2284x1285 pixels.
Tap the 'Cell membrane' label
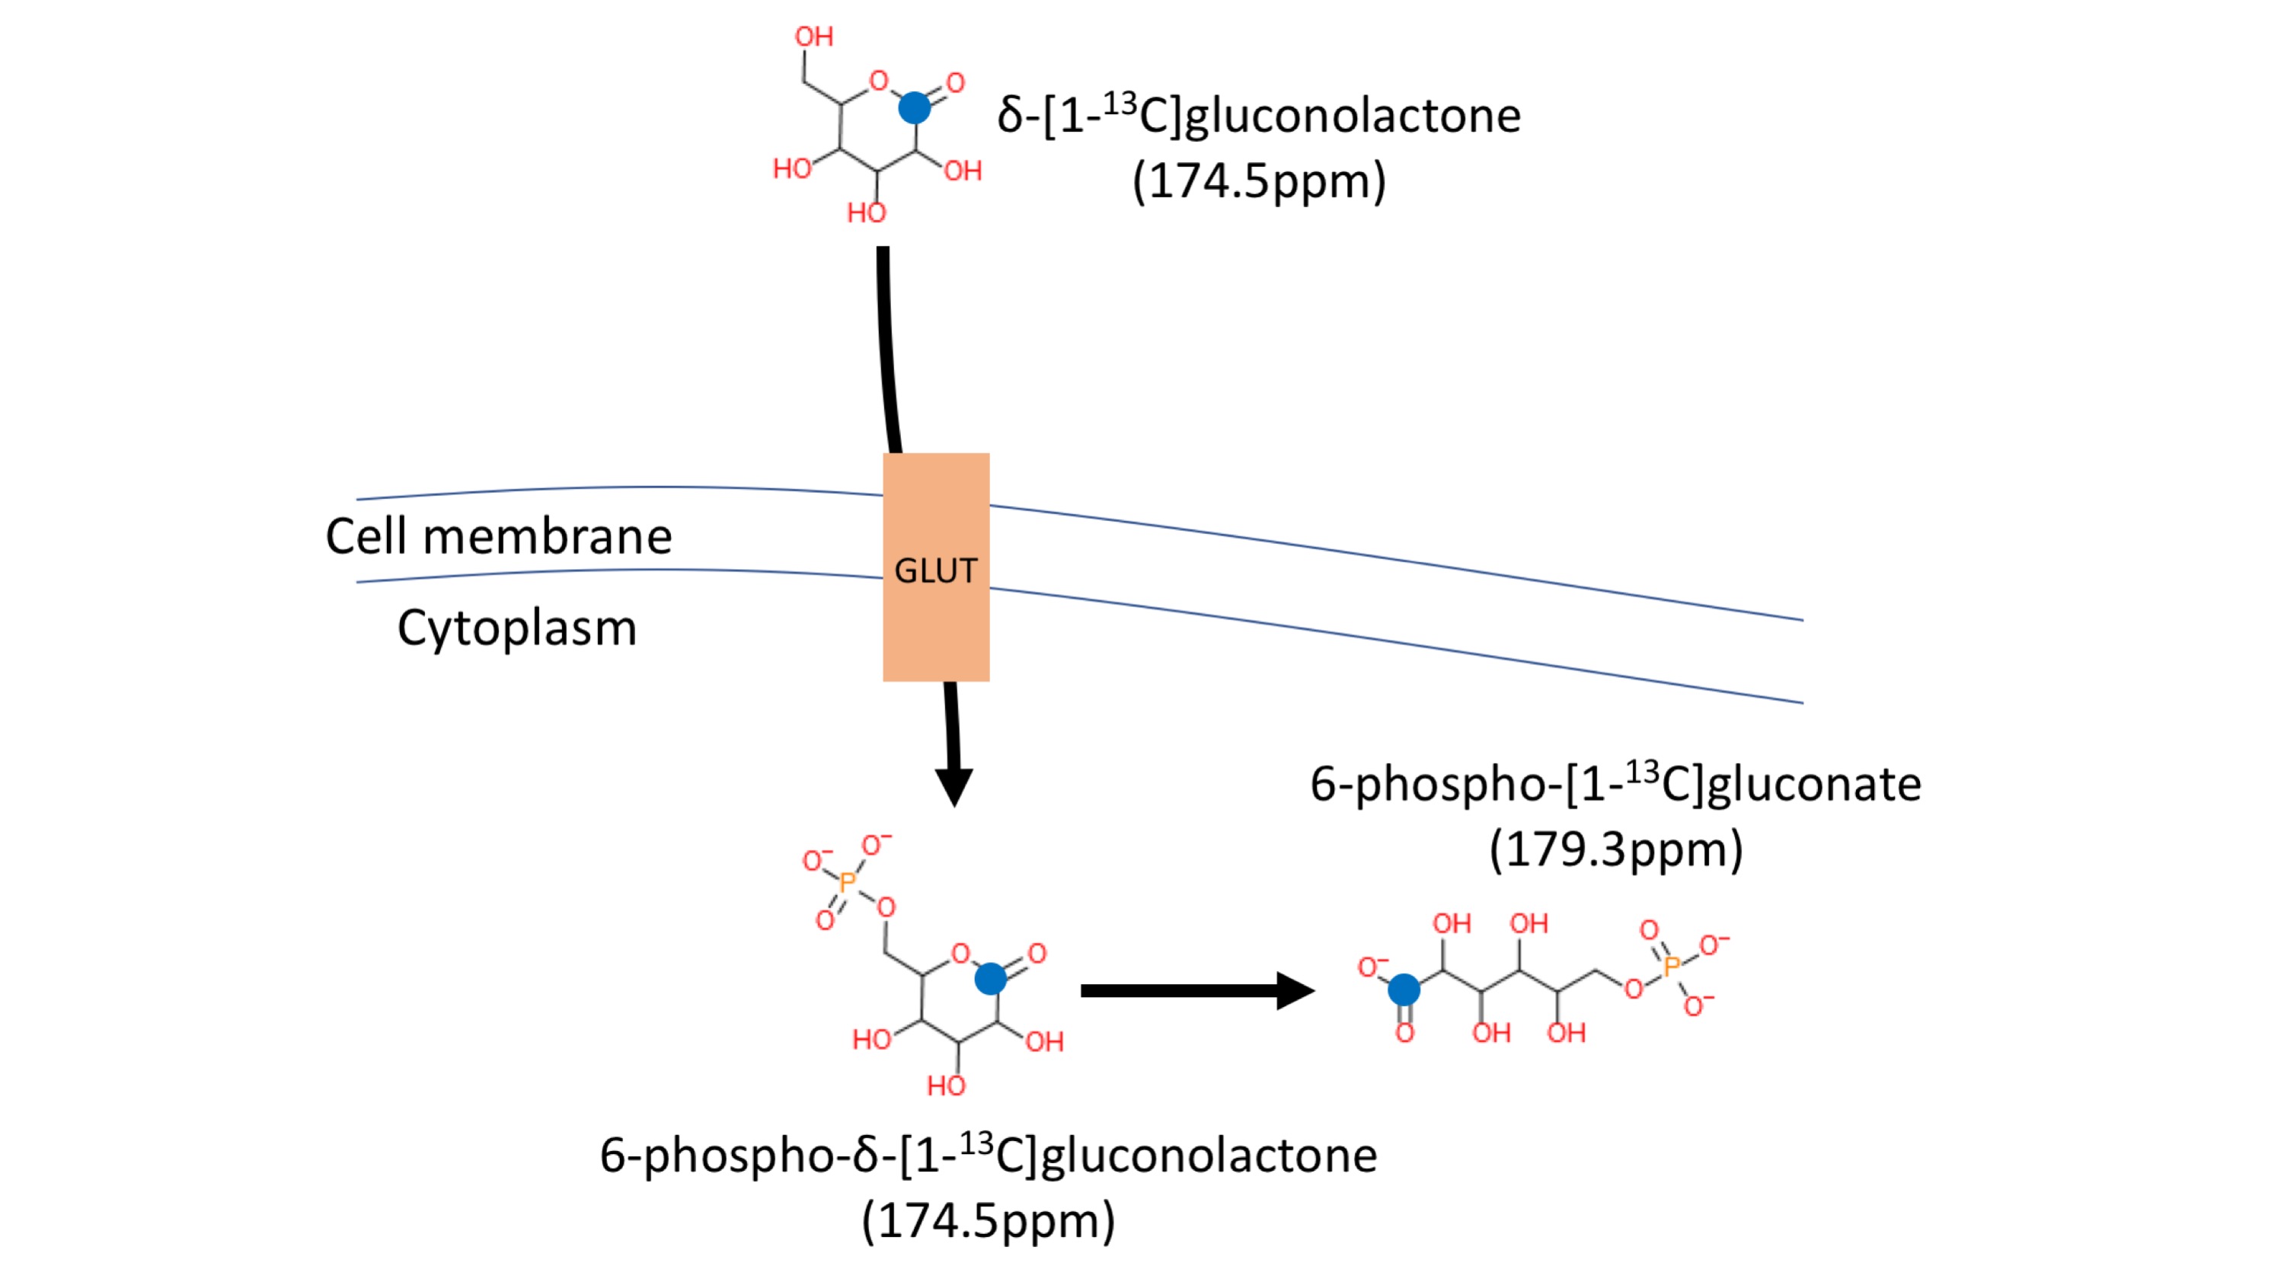(498, 536)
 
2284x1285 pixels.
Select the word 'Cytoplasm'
(517, 628)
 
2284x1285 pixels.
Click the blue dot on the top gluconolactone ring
(914, 108)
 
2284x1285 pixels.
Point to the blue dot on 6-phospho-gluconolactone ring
(990, 979)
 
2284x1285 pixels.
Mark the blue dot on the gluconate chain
(1404, 989)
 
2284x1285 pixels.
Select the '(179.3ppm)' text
(1615, 849)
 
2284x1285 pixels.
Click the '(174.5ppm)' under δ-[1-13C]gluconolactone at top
(1259, 182)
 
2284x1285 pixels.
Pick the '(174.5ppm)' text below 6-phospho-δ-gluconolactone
(988, 1221)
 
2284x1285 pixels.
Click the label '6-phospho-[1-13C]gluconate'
(1615, 784)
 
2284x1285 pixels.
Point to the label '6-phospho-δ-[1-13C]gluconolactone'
(988, 1155)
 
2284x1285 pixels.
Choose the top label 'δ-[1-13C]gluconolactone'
(1259, 115)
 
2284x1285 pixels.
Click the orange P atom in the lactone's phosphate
(848, 882)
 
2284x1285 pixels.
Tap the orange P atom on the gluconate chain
(1672, 966)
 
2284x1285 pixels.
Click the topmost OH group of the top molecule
(813, 37)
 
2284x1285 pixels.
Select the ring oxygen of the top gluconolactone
(879, 81)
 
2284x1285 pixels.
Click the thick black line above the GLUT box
(886, 346)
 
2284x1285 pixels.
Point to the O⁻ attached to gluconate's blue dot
(1372, 967)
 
